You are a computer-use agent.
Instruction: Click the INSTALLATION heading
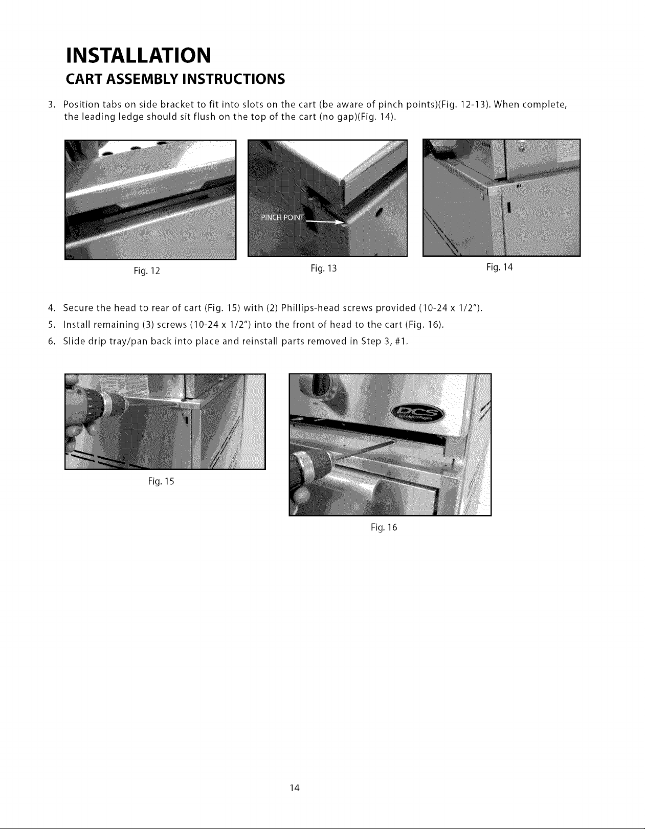tap(139, 55)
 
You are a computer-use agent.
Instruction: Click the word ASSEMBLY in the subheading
tap(142, 79)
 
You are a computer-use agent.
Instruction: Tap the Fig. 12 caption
tap(147, 271)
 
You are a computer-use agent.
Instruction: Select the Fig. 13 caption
tap(323, 268)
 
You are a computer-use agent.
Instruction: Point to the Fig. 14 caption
tap(499, 267)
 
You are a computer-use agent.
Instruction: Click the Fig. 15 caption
tap(161, 481)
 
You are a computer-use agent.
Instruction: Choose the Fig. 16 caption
tap(384, 528)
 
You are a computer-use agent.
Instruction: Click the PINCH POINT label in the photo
tap(283, 218)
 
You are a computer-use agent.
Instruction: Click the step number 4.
tap(51, 308)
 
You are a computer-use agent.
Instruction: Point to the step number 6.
tap(51, 342)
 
